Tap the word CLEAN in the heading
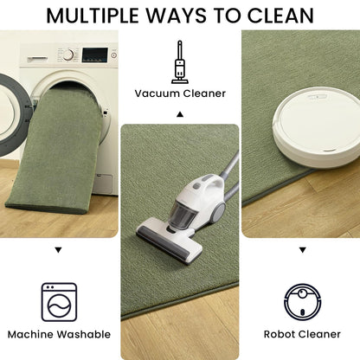(280, 16)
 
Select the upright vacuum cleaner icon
(180, 62)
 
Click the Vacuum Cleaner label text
(180, 93)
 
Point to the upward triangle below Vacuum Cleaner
(180, 114)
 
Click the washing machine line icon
(59, 302)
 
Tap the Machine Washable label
(59, 334)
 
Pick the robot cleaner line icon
(302, 302)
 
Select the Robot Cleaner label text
(302, 334)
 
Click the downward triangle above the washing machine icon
(59, 250)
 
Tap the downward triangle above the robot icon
(302, 250)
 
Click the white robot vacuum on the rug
(317, 127)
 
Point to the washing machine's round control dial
(68, 55)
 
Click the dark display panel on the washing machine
(94, 55)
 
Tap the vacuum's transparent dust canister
(183, 215)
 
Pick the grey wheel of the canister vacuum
(219, 212)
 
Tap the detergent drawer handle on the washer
(38, 59)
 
